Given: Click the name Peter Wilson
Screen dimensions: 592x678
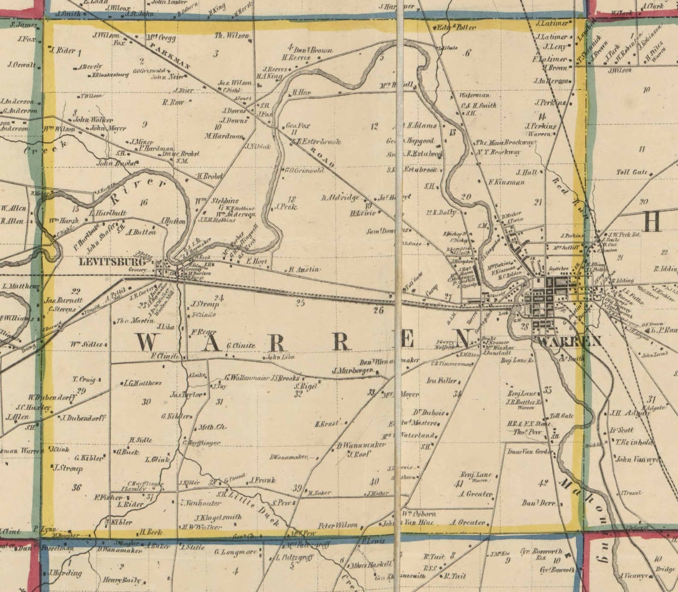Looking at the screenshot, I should [x=338, y=525].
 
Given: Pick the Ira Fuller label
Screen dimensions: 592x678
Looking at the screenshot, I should [x=442, y=380].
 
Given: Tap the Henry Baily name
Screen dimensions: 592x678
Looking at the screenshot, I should [x=121, y=580].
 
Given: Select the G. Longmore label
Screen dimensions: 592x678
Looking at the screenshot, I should [x=236, y=552].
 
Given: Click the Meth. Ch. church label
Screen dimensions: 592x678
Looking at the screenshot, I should [x=212, y=427].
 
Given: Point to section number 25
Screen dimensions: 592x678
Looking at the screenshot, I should [x=300, y=303].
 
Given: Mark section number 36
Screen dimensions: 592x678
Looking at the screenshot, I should [x=76, y=487].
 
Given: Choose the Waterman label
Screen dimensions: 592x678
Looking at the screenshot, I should [x=475, y=95].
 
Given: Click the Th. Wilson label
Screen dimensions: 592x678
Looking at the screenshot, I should [x=231, y=36].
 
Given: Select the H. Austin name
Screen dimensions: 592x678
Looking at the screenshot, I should [x=305, y=270].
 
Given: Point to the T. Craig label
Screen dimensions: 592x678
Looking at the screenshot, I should [x=83, y=379].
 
